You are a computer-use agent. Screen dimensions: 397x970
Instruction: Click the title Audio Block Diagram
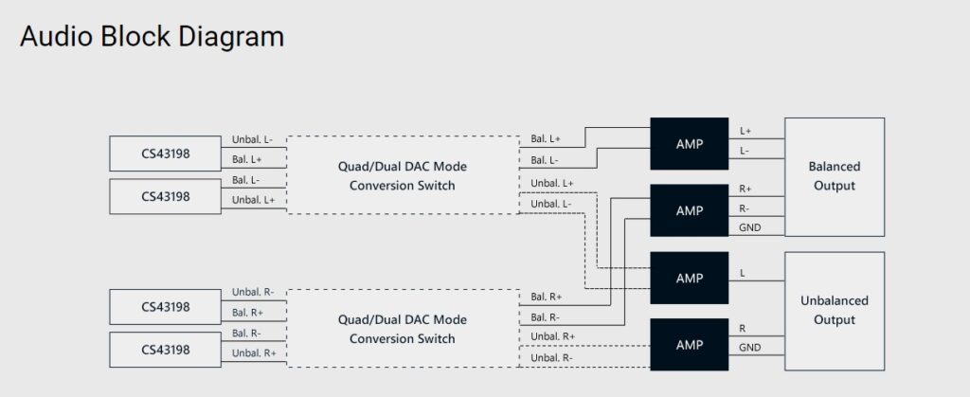(152, 37)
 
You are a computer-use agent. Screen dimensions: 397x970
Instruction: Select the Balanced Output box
(834, 176)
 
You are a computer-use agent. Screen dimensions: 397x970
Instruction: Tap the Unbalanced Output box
(834, 310)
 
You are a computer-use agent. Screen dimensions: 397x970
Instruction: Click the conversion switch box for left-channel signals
(402, 175)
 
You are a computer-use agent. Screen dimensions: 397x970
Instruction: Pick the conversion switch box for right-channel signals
(402, 329)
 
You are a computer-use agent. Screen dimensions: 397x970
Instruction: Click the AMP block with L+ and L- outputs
(689, 144)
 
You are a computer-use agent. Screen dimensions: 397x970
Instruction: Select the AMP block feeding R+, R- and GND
(689, 210)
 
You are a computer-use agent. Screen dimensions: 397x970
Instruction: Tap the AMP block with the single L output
(689, 279)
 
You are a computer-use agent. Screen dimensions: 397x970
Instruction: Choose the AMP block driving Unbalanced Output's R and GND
(689, 345)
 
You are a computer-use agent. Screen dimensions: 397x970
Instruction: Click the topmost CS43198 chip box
(166, 153)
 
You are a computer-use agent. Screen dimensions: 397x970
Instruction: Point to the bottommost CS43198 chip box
(166, 350)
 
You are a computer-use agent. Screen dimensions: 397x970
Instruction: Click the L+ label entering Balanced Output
(746, 131)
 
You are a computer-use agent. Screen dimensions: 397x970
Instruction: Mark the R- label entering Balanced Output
(745, 208)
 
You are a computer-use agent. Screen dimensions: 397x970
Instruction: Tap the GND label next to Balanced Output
(748, 227)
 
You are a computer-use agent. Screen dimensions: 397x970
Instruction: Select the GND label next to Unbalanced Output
(748, 348)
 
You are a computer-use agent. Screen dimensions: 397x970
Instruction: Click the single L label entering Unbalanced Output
(742, 273)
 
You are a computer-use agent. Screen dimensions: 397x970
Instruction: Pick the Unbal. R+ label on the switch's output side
(552, 336)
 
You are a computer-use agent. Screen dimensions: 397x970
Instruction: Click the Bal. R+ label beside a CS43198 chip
(246, 312)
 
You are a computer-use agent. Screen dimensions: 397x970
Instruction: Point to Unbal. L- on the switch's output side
(551, 204)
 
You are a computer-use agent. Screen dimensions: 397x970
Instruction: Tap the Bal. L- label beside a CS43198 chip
(246, 179)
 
